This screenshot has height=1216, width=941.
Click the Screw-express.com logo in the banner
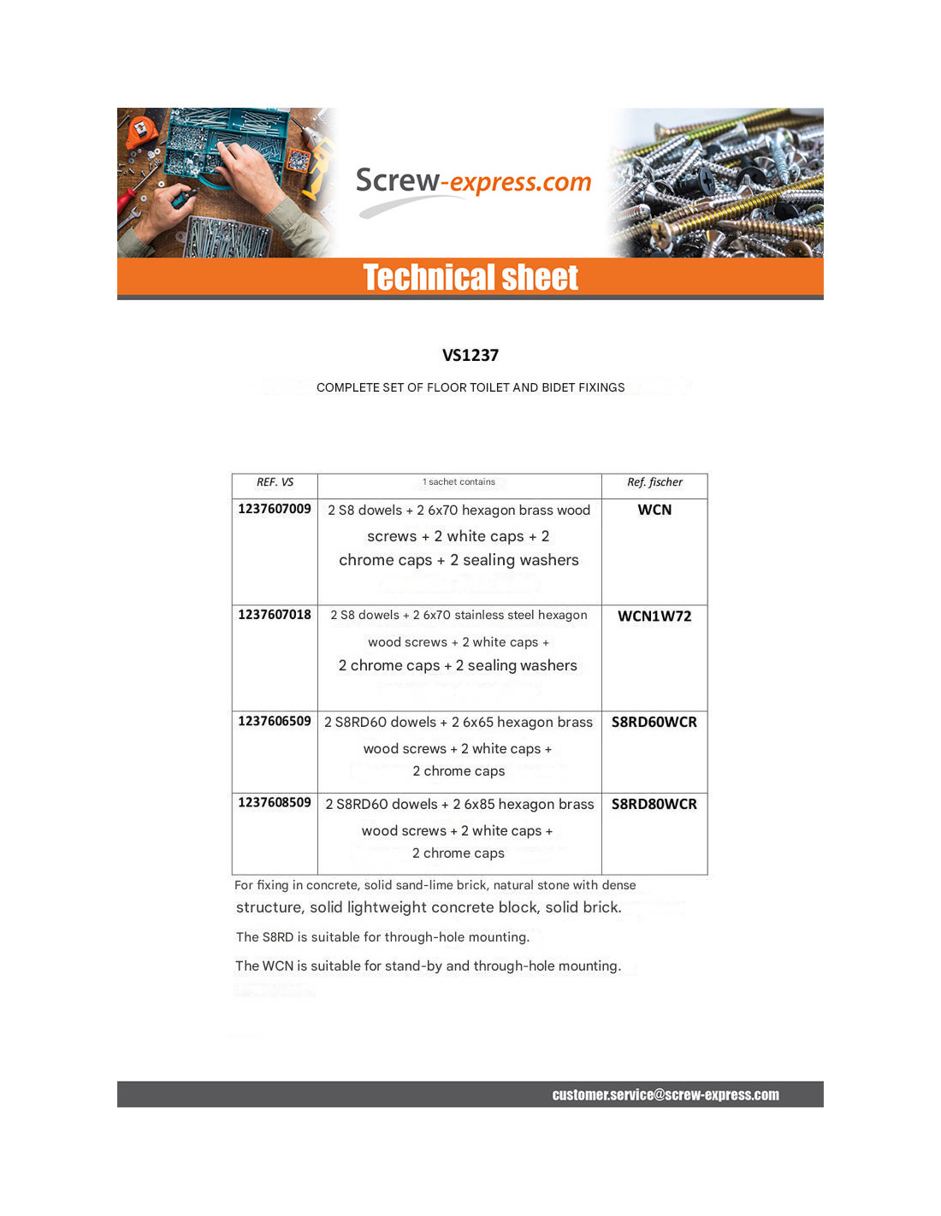pos(473,182)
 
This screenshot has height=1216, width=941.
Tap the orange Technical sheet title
pos(470,278)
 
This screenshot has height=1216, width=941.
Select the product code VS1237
pos(470,356)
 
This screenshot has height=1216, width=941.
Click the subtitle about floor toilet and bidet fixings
pos(470,387)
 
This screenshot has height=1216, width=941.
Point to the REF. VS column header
pos(275,482)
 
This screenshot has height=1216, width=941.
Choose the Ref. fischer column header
pos(654,482)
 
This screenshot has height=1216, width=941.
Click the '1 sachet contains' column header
pos(459,482)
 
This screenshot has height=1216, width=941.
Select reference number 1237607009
pos(275,509)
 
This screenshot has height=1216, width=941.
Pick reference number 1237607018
pos(275,615)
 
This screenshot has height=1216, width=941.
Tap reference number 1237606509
pos(275,721)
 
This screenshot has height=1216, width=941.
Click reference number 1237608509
pos(275,802)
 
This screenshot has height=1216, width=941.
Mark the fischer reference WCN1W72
pos(654,616)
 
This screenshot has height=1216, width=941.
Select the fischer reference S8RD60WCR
pos(654,722)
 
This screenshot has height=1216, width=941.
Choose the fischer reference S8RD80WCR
pos(654,804)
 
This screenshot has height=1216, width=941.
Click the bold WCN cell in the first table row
pos(654,510)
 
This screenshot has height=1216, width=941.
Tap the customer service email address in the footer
pos(666,1095)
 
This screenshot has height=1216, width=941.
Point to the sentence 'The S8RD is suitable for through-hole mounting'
pos(382,937)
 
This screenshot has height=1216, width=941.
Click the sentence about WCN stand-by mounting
pos(428,966)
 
